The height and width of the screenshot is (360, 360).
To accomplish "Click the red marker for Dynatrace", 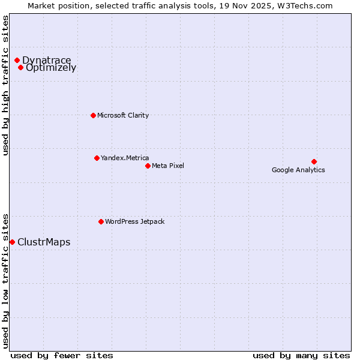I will pos(17,60).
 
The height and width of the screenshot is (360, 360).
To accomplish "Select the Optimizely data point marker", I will pos(20,67).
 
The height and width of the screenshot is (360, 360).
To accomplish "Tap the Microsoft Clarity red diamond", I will pos(93,115).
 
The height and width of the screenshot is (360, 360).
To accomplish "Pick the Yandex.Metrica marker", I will pos(97,158).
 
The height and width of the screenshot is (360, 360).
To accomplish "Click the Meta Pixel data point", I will pos(148,166).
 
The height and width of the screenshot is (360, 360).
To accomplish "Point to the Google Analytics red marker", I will pos(314,161).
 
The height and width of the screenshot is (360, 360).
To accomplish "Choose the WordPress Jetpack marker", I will pos(101,221).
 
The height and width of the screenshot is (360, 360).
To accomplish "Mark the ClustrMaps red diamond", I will pos(12,242).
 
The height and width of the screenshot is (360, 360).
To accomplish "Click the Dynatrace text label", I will pos(47,60).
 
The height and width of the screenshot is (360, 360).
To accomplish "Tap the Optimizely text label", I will pos(51,68).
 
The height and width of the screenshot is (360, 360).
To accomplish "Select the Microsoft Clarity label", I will pos(123,115).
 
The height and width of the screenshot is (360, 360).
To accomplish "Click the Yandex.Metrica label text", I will pos(125,158).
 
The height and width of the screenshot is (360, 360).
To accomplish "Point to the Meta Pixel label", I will pos(168,166).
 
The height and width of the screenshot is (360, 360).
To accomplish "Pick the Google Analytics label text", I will pos(298,170).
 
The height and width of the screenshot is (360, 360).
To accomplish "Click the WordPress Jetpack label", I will pos(134,221).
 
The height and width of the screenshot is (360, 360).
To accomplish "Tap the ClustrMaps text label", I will pos(44,242).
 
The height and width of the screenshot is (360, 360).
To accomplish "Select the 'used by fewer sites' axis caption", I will pos(62,355).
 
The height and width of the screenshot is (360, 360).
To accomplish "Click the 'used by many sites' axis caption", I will pos(301,355).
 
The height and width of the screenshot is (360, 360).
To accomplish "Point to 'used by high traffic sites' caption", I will pos(5,85).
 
